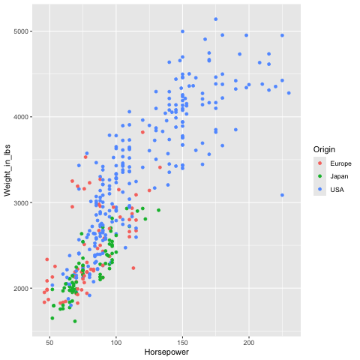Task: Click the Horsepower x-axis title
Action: (166, 352)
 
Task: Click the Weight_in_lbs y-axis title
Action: (7, 170)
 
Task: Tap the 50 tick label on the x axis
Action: (49, 343)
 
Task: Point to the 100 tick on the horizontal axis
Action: (116, 343)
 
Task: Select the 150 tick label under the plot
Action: (182, 343)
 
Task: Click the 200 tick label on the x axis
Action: (249, 343)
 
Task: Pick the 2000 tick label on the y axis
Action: (22, 289)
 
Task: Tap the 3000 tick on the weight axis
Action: (22, 202)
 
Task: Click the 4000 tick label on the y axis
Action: (22, 117)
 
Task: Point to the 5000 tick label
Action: (22, 31)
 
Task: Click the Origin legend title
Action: (324, 149)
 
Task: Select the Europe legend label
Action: (340, 163)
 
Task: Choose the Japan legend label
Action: (339, 176)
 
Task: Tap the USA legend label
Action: (337, 190)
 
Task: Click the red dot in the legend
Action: (319, 163)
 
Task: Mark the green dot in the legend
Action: (319, 176)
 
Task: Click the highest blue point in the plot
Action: (216, 19)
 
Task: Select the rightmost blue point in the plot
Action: (289, 93)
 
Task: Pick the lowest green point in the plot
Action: (75, 321)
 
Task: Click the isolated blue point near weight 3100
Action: (282, 195)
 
